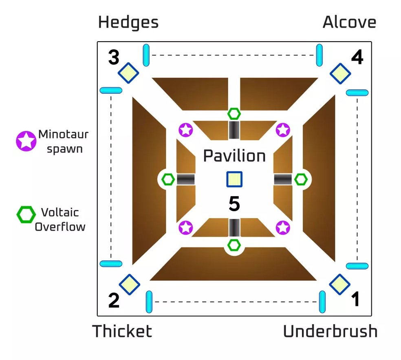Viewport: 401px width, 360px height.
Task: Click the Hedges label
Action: click(x=128, y=22)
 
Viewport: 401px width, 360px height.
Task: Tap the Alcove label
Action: click(x=349, y=22)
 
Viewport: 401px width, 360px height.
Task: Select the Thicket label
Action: click(x=122, y=331)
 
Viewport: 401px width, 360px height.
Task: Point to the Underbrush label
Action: click(x=330, y=331)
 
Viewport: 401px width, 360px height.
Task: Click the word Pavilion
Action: click(x=234, y=156)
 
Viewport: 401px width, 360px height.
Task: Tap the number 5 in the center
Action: click(x=234, y=204)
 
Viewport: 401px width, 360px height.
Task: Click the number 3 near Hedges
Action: click(x=114, y=57)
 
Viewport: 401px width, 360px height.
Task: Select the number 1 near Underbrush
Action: click(x=355, y=300)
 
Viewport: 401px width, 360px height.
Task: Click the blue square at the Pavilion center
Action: click(x=234, y=179)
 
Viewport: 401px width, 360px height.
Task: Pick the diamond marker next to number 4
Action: click(x=340, y=73)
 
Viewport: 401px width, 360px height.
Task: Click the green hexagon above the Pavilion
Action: click(x=234, y=113)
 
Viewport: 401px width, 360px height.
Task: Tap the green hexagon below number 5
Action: click(x=234, y=245)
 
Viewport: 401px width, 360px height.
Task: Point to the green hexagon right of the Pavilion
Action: click(x=301, y=179)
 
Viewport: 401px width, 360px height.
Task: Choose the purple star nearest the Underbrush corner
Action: click(x=283, y=227)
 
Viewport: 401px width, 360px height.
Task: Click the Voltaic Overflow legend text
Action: click(x=60, y=219)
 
